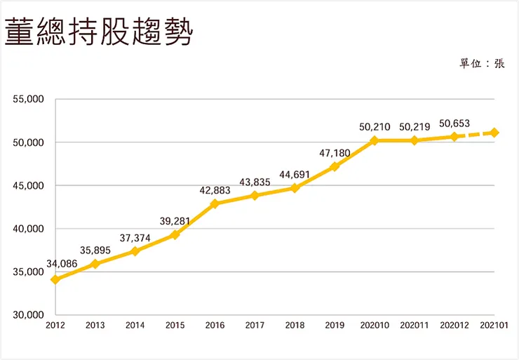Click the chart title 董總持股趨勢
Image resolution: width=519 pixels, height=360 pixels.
(x=98, y=33)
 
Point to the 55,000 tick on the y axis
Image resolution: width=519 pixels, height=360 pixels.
(x=29, y=99)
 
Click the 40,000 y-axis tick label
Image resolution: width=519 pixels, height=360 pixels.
(x=29, y=229)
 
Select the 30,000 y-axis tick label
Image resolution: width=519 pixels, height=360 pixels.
(x=29, y=315)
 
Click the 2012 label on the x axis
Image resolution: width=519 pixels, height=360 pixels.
(x=55, y=326)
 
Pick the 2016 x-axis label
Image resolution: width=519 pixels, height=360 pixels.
(x=215, y=326)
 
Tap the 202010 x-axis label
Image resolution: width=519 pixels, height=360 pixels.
(x=375, y=326)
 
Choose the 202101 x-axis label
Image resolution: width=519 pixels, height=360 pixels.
(x=494, y=326)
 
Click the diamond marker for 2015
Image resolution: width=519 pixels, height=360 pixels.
(x=175, y=234)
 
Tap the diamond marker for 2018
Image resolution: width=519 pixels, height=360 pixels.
(x=295, y=188)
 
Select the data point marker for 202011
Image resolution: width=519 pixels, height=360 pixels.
(x=414, y=140)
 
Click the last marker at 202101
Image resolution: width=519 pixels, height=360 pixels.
(x=494, y=133)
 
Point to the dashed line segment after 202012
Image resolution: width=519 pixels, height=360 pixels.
(x=475, y=135)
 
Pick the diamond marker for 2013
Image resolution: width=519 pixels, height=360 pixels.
(x=95, y=264)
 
